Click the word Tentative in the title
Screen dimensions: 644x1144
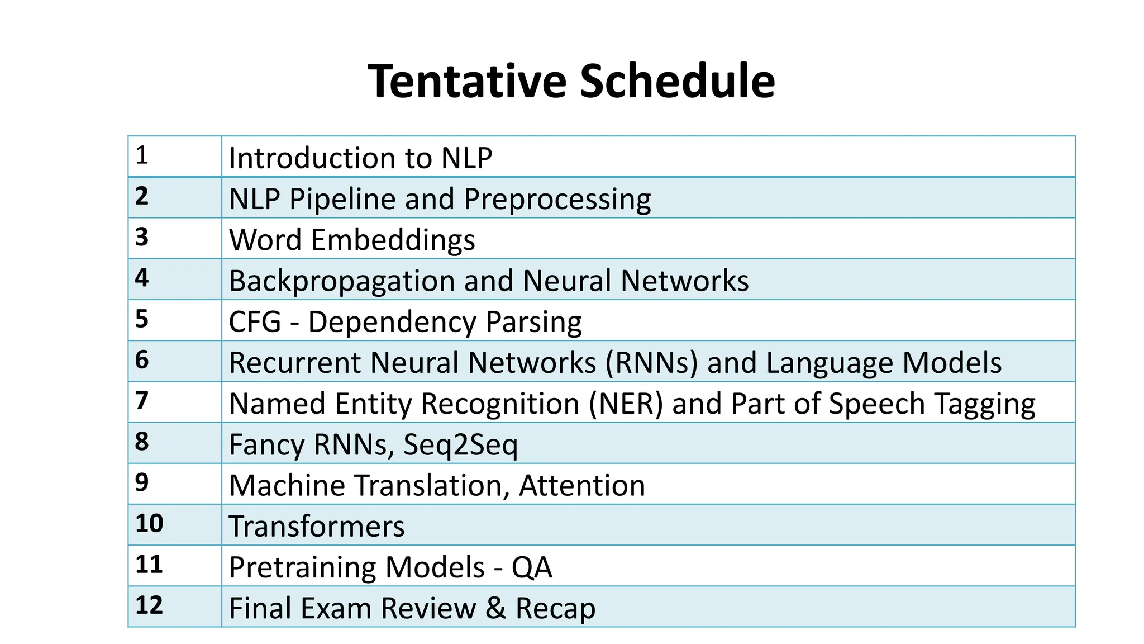click(467, 82)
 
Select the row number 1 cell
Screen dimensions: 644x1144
click(142, 155)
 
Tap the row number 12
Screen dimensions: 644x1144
click(149, 605)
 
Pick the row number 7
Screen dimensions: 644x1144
click(142, 401)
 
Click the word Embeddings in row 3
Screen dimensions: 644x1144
click(393, 240)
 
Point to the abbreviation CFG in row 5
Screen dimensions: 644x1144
click(255, 322)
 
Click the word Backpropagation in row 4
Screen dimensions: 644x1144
click(341, 281)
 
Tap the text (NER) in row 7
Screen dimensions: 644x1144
click(626, 404)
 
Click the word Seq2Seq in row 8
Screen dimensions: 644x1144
click(460, 445)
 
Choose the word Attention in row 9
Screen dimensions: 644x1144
click(582, 485)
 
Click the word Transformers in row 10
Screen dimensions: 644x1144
click(317, 527)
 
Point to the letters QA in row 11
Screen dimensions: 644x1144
click(531, 567)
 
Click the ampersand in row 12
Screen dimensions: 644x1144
click(495, 608)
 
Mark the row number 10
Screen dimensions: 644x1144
click(149, 524)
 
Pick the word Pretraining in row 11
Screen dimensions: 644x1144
click(302, 567)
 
